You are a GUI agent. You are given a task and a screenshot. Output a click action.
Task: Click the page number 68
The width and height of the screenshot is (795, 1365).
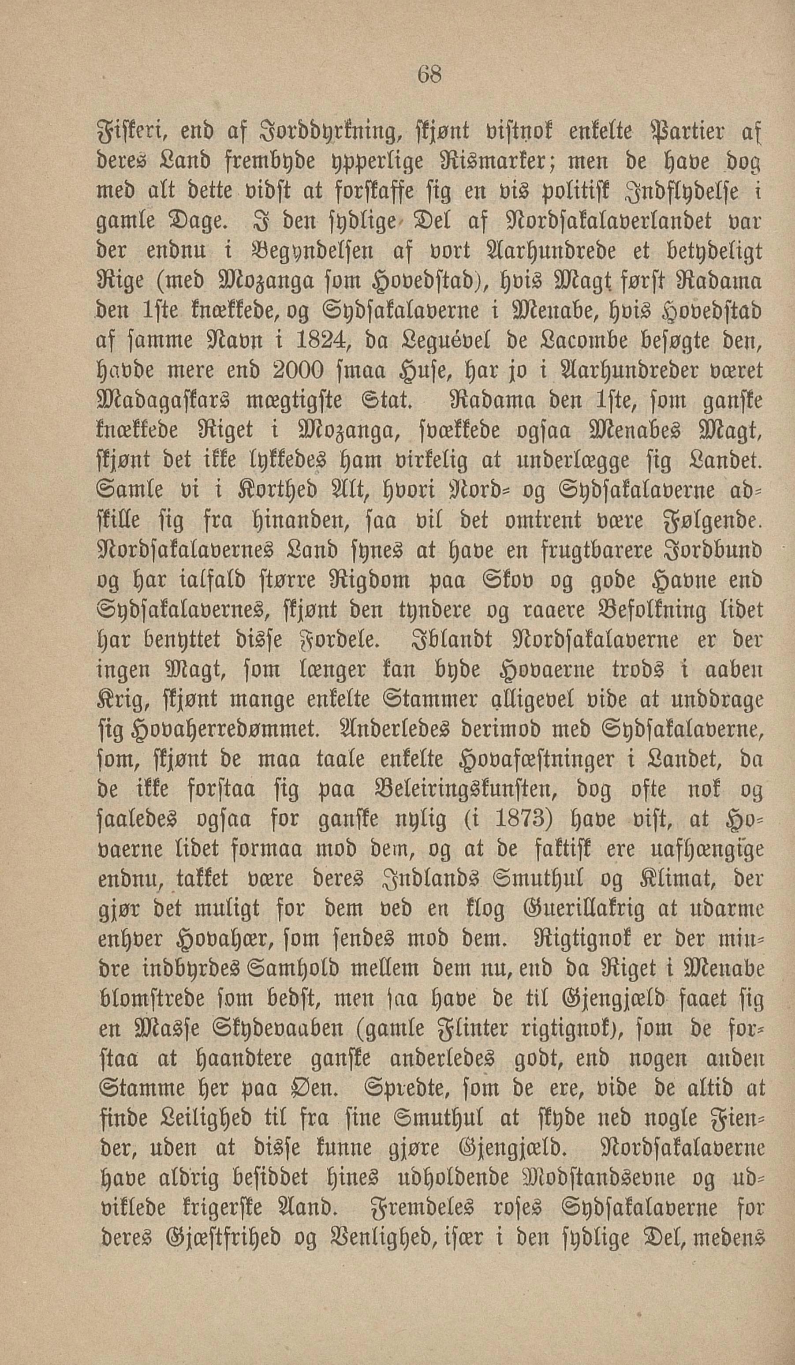429,74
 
